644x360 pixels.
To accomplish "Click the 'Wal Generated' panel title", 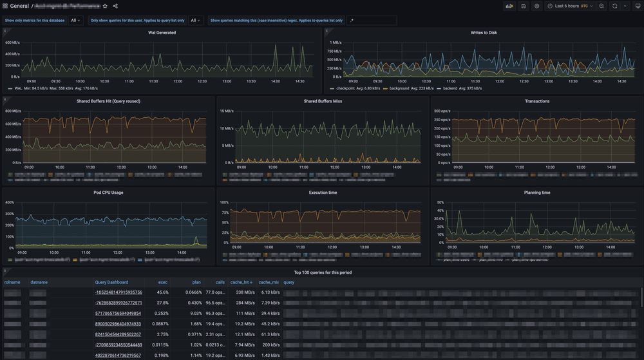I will [162, 32].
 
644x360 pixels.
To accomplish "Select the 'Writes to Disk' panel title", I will [484, 32].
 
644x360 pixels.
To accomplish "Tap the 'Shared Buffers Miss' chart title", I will [323, 101].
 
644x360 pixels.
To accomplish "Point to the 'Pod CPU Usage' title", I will [108, 193].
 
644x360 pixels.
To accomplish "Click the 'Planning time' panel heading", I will [537, 193].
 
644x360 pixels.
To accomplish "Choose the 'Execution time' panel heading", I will [323, 193].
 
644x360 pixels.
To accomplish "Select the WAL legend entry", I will [18, 89].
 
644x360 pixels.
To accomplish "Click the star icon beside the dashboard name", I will [106, 6].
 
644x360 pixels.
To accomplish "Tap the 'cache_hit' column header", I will [241, 282].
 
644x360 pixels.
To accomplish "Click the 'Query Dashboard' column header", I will [111, 282].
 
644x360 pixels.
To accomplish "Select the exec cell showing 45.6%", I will [162, 292].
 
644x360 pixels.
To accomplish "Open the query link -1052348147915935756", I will [118, 292].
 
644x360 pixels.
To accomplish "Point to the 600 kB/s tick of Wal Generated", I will [12, 43].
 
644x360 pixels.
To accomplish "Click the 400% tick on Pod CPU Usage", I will [10, 202].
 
